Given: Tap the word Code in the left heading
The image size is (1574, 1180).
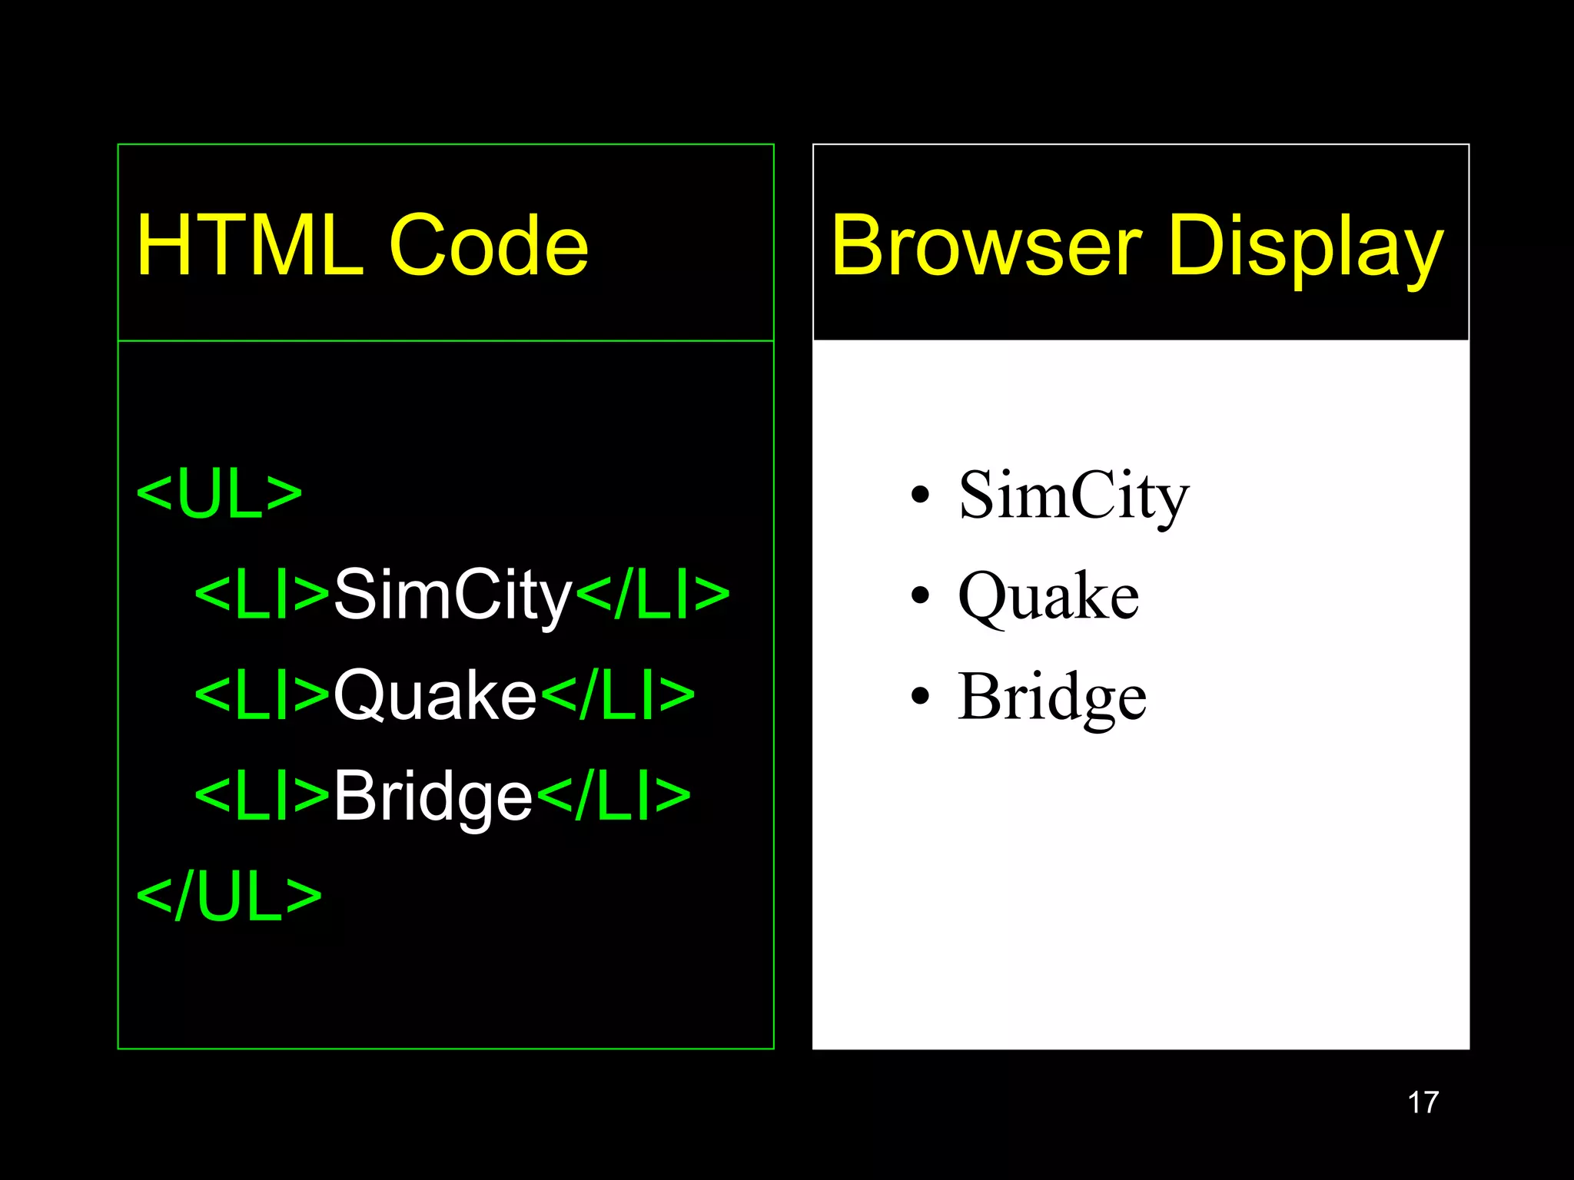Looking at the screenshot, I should pos(489,246).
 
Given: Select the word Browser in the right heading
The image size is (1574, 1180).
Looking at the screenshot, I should pos(985,246).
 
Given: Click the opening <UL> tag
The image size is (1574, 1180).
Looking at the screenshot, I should pos(219,494).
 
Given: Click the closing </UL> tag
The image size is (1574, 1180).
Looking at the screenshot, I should pos(228,897).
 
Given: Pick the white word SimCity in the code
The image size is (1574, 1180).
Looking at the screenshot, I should pos(453,595).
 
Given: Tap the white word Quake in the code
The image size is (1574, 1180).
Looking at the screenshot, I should pos(435,695).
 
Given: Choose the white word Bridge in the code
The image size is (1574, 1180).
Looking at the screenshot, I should pos(433,797).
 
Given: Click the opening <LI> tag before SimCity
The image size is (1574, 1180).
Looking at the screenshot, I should pos(263,595).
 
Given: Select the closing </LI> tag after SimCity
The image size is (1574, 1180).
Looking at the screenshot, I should pos(653,595).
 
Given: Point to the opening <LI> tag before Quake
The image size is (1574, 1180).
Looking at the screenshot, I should pos(263,695).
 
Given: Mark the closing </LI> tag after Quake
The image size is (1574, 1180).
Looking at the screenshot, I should pos(618,695).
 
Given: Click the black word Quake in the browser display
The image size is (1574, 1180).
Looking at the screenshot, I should pos(1048,596).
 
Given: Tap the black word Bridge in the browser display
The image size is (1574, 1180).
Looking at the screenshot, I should pos(1052,697).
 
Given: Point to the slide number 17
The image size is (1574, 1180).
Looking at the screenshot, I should pos(1423,1102).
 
